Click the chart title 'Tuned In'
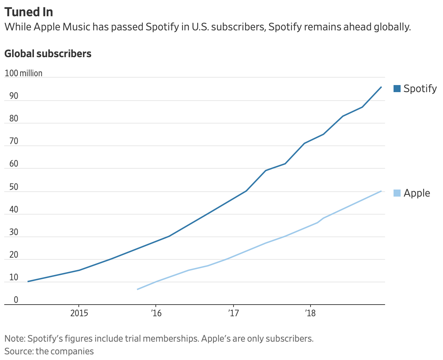click(29, 12)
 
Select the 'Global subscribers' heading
click(48, 54)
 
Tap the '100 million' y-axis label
click(23, 73)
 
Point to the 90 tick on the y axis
click(14, 96)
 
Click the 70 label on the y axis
click(14, 141)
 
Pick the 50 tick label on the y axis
click(14, 187)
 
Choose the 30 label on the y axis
click(14, 232)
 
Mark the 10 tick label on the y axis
click(14, 277)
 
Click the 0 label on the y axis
click(16, 300)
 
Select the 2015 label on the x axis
click(79, 313)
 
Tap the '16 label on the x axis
click(156, 313)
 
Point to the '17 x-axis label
click(233, 313)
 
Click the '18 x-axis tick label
click(310, 313)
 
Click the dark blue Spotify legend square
click(397, 89)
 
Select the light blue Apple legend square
click(397, 193)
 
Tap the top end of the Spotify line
click(381, 87)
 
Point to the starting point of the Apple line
click(137, 289)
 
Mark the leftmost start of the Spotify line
click(28, 282)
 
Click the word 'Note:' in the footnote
click(15, 339)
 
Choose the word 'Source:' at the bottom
click(19, 352)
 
